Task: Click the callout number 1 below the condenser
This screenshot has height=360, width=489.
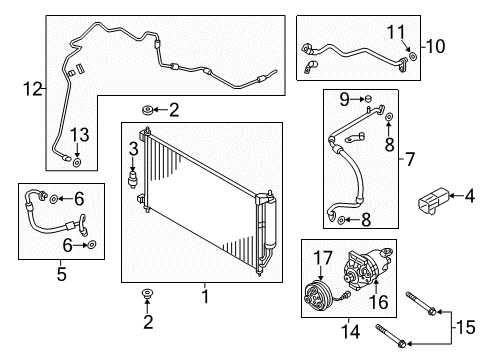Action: point(205,297)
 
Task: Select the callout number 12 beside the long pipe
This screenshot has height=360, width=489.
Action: point(33,89)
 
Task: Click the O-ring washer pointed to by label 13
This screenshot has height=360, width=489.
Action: point(77,158)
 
